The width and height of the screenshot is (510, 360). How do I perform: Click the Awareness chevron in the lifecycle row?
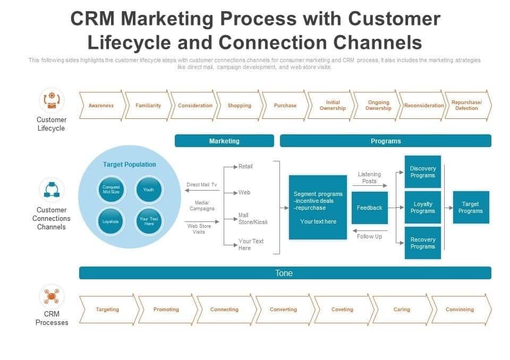coord(101,106)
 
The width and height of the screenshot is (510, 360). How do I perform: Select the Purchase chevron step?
coord(285,106)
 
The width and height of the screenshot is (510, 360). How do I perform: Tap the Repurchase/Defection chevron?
coord(466,106)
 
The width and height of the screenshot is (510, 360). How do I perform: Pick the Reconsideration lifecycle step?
coord(423,106)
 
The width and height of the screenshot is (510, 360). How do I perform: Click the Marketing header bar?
coord(224,141)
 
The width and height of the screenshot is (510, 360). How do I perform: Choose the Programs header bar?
coord(385,141)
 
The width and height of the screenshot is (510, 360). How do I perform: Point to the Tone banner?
coord(284,273)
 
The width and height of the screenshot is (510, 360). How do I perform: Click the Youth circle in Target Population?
coord(148,190)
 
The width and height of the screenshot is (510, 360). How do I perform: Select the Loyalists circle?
coord(110,221)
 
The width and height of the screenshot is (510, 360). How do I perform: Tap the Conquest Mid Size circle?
coord(110,190)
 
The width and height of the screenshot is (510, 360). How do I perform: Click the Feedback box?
coord(369,208)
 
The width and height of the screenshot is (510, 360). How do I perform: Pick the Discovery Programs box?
coord(422,172)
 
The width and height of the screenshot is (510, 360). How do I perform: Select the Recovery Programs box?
coord(422,243)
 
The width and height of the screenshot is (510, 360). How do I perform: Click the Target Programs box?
coord(470,207)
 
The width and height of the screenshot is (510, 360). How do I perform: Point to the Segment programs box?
coord(318,207)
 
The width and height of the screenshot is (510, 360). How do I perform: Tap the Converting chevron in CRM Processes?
coord(283,310)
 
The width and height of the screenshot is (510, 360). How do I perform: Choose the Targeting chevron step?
coord(107,310)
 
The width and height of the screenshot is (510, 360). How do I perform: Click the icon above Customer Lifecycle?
coord(52,100)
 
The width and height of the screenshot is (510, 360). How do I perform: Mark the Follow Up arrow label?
coord(369,236)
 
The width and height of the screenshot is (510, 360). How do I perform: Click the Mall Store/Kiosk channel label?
coord(253,219)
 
